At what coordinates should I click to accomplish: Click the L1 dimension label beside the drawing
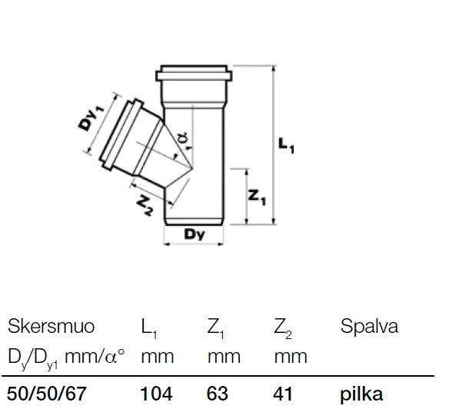pos(286,145)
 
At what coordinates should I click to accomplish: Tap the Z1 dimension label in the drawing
pos(257,198)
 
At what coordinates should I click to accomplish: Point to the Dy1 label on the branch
pos(91,118)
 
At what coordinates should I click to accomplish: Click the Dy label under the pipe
pos(195,234)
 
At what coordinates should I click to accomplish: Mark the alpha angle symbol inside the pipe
pos(183,138)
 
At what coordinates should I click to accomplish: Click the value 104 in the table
pos(156,394)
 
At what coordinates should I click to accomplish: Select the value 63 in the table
pos(218,394)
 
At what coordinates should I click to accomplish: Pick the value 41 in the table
pos(283,394)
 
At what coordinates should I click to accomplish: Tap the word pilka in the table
pos(361,394)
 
